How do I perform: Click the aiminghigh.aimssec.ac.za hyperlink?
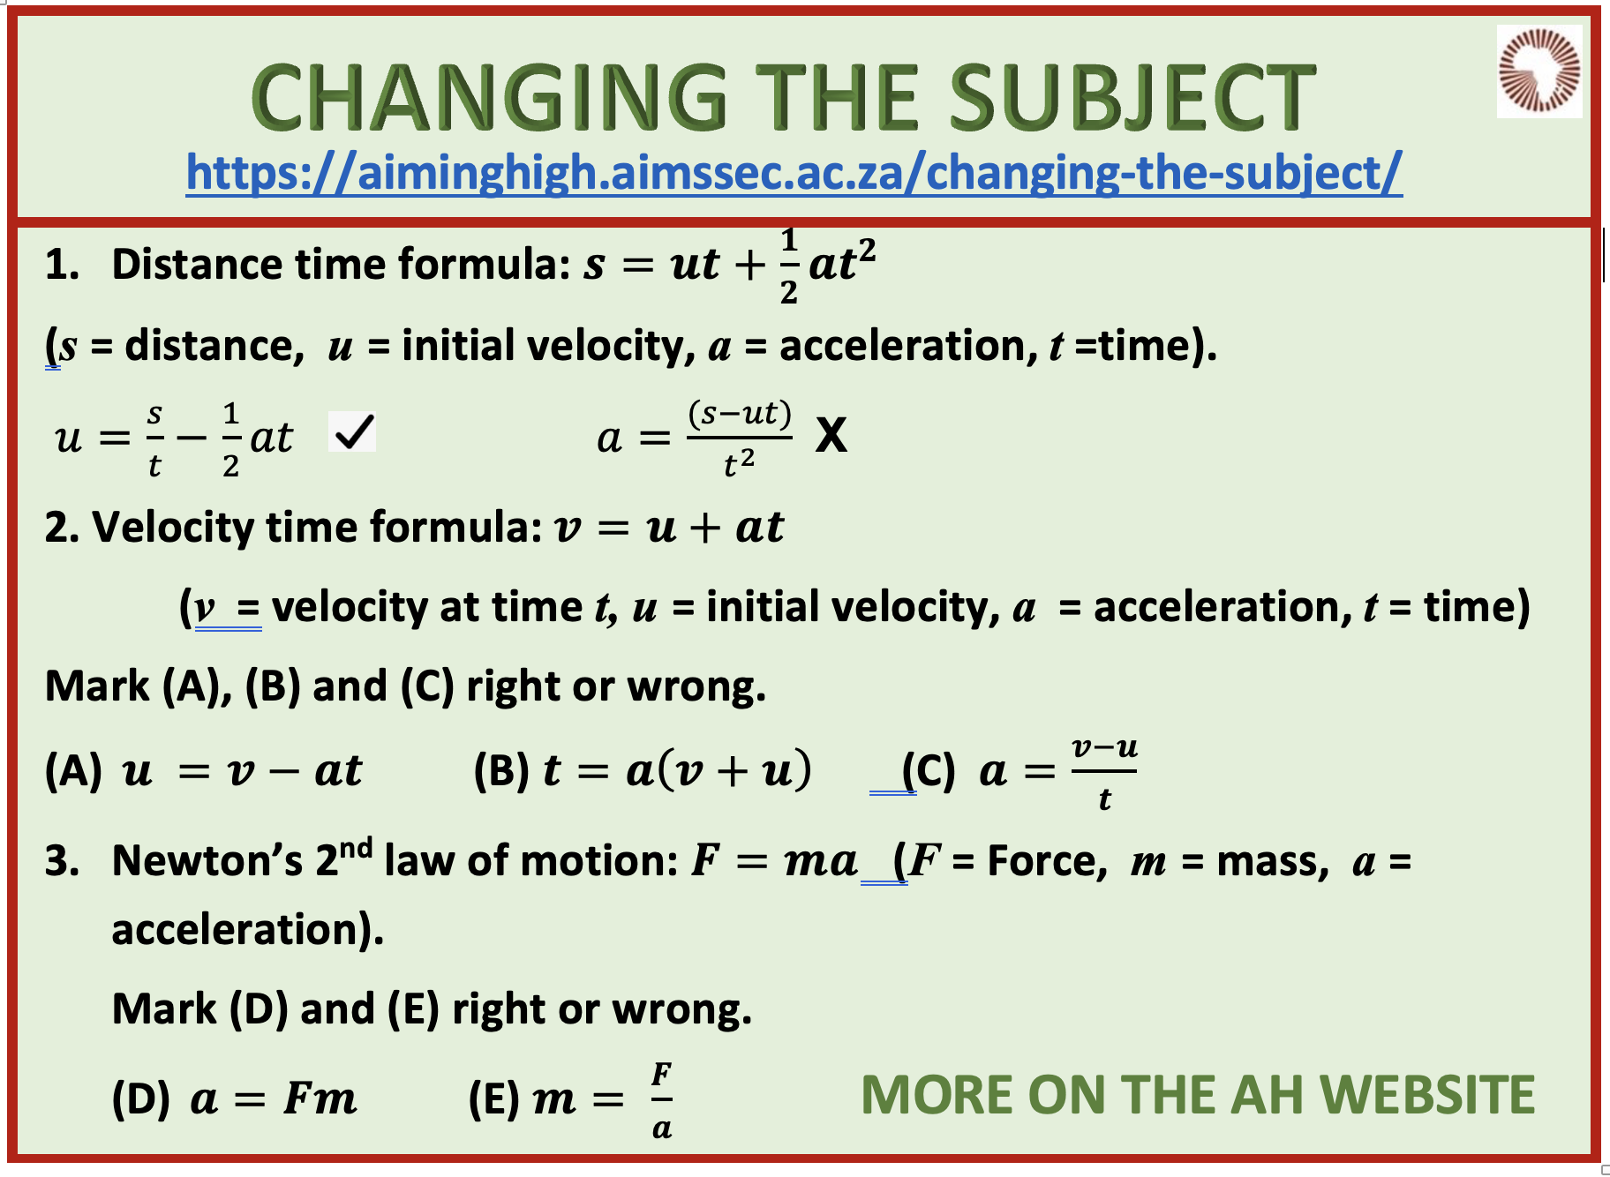point(794,172)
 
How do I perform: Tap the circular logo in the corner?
point(1539,71)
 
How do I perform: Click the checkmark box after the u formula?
point(352,431)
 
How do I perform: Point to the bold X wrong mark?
point(831,435)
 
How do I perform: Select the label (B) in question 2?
point(502,770)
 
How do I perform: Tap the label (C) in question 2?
point(929,771)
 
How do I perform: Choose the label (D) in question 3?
point(141,1099)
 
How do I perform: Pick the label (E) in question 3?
point(496,1099)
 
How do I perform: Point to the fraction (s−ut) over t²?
point(740,439)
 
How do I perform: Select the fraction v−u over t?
point(1104,773)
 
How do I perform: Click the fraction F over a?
point(662,1100)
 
